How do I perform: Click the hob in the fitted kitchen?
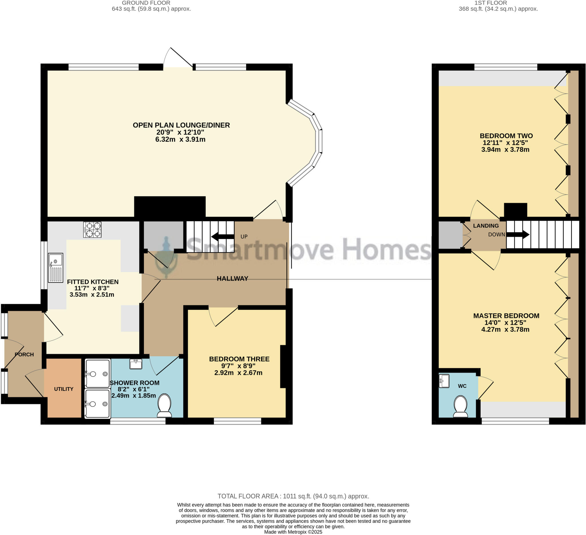pos(92,229)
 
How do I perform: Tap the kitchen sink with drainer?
pos(56,267)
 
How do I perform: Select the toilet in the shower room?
pos(164,406)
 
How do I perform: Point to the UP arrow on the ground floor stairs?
pos(223,237)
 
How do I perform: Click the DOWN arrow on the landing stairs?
pos(518,235)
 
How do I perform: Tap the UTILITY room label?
pos(64,389)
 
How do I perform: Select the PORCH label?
pos(24,354)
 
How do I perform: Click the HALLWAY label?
pos(232,278)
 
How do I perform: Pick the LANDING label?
pos(486,226)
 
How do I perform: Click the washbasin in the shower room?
pos(136,364)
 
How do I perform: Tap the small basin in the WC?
pos(444,381)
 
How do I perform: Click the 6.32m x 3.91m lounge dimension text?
pos(180,139)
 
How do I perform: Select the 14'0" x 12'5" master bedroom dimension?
pos(505,322)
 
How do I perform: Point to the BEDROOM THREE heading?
pos(239,359)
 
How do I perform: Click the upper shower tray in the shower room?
pos(98,373)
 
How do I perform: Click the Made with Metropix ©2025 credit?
pos(293,532)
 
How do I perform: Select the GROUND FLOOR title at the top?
pos(146,3)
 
